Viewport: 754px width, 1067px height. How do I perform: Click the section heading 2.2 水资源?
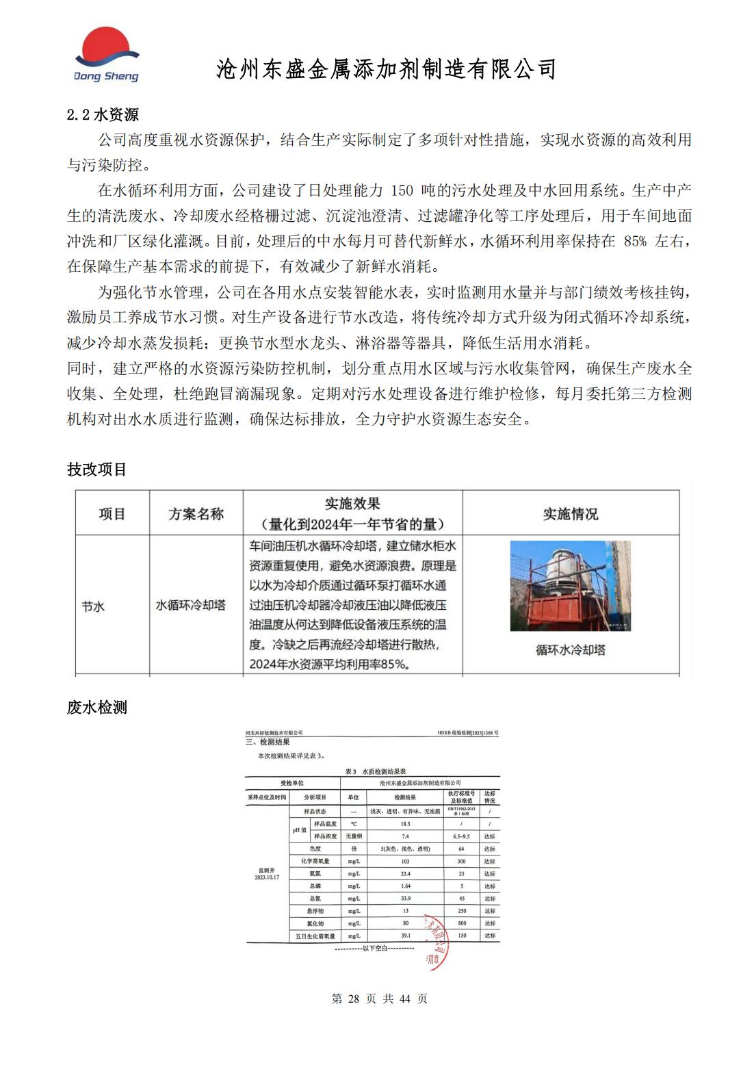coord(103,114)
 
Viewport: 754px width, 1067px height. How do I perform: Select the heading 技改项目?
coord(96,470)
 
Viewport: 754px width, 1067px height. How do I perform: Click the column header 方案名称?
coord(196,514)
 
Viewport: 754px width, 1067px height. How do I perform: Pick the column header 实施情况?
coord(570,514)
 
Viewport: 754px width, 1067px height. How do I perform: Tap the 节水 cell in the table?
coord(93,606)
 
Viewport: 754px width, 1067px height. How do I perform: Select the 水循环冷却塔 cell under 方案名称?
coord(191,605)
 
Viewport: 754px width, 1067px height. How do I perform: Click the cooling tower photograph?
coord(570,586)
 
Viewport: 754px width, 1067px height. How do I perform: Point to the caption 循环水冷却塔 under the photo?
coord(570,650)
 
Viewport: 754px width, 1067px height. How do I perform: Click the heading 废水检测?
coord(96,708)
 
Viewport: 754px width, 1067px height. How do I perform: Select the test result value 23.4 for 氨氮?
coord(405,874)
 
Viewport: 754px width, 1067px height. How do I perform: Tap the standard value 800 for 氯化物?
coord(462,923)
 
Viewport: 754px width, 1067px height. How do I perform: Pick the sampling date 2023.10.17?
coord(267,877)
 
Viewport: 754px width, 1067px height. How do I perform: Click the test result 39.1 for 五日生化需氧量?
coord(405,936)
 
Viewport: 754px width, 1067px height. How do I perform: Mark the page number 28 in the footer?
coord(353,999)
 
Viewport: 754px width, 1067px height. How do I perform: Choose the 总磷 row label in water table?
coord(315,886)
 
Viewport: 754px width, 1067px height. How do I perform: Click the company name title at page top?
coord(387,68)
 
